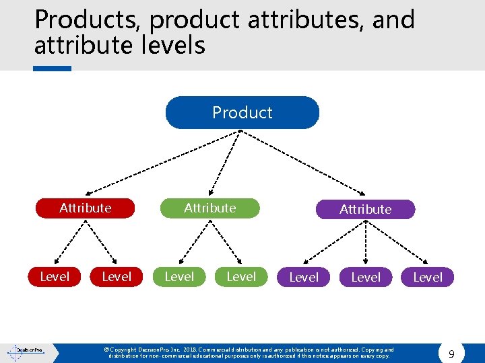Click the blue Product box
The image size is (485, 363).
point(242,112)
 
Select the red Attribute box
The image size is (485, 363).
point(85,208)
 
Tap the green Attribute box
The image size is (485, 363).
point(210,208)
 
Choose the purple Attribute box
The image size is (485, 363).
point(365,209)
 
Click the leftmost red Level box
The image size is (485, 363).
point(55,276)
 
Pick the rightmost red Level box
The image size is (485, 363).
point(117,276)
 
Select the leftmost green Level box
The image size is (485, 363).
point(179,276)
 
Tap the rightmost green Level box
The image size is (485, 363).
point(241,276)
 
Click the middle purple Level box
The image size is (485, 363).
point(366,277)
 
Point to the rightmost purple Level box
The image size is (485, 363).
point(428,277)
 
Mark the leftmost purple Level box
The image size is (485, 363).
point(304,277)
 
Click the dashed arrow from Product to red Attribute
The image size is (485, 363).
point(162,162)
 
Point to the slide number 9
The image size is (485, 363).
point(451,353)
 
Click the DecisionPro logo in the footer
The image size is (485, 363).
point(25,350)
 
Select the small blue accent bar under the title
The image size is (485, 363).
point(53,68)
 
